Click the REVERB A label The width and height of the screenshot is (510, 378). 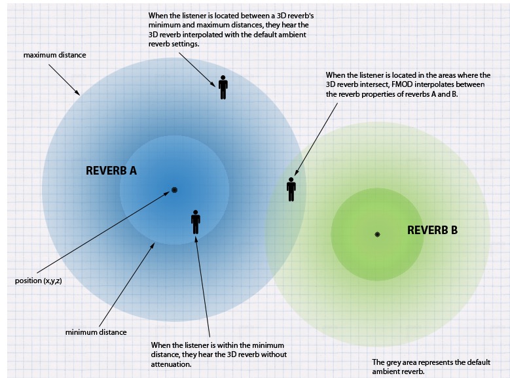point(111,171)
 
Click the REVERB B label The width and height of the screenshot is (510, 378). point(432,230)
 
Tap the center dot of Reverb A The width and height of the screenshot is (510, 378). point(175,190)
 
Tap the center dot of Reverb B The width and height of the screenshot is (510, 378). point(377,234)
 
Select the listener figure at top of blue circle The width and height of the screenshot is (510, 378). point(223,87)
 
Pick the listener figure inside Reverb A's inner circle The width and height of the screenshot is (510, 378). point(195,222)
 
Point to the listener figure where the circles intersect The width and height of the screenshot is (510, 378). point(291,189)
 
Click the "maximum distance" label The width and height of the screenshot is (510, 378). point(54,55)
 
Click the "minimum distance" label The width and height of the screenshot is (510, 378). point(96,332)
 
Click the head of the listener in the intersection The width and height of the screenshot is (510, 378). point(291,180)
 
